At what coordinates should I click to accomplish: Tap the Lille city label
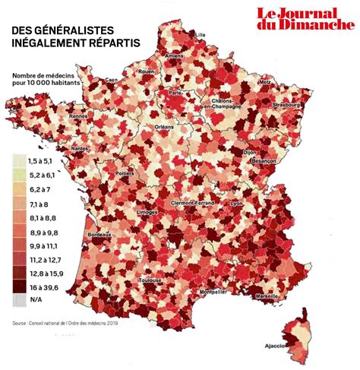coord(201,35)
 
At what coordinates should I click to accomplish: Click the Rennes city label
coord(78,116)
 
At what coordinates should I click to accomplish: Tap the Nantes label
coord(77,148)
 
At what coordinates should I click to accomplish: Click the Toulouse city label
coord(150,280)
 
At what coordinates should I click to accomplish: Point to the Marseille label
coord(267,296)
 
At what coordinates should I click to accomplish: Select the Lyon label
coord(236,204)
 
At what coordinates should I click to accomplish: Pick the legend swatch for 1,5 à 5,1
coord(18,162)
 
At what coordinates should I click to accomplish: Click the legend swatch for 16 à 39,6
coord(18,286)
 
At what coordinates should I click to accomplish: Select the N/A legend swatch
coord(18,299)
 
